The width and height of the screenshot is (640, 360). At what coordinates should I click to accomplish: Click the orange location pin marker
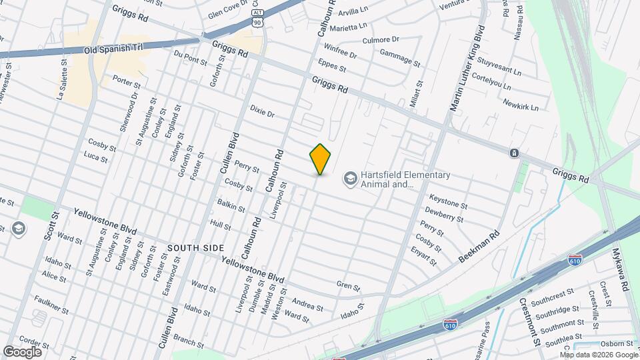[x=320, y=159]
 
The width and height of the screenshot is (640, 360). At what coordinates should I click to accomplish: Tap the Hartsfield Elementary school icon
[x=349, y=178]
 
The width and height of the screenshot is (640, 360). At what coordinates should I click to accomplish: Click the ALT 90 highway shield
[x=257, y=17]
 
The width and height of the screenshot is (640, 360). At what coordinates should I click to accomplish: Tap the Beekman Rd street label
[x=479, y=247]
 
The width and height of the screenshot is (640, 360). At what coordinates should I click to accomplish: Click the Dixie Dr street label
[x=262, y=110]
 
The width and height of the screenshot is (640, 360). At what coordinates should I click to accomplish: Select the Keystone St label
[x=447, y=200]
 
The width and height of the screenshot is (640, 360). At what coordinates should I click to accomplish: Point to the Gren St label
[x=348, y=286]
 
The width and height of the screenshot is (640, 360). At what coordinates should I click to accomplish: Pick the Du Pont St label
[x=190, y=59]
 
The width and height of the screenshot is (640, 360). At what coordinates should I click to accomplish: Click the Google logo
[x=22, y=351]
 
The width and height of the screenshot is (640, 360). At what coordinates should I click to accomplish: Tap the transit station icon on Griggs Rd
[x=514, y=153]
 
